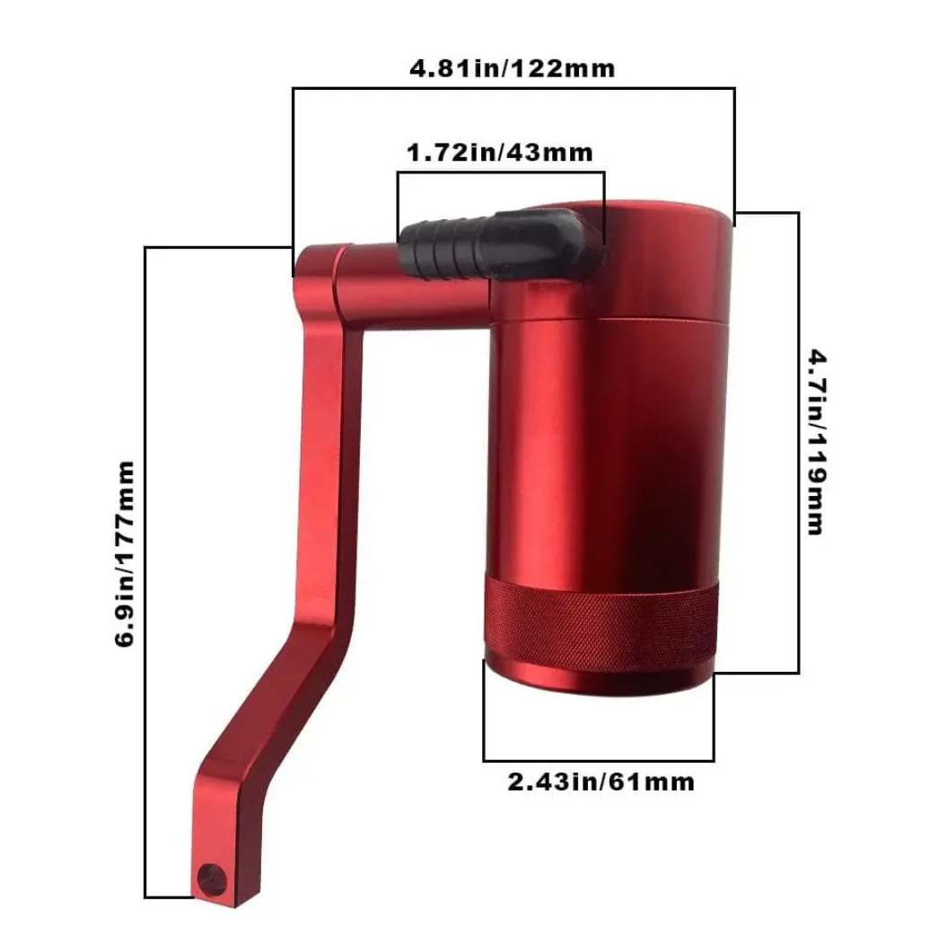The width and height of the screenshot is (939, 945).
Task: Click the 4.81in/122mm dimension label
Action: coord(512,68)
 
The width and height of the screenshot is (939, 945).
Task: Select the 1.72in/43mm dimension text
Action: coord(500,153)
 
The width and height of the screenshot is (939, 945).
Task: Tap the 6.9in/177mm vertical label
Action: coord(125,554)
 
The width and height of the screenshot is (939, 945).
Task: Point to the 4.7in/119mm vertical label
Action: coord(817,442)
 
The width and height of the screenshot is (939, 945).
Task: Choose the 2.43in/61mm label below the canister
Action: coord(601,782)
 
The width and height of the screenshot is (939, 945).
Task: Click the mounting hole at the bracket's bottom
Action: coord(212,879)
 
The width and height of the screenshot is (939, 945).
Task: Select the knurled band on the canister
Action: coord(601,623)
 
